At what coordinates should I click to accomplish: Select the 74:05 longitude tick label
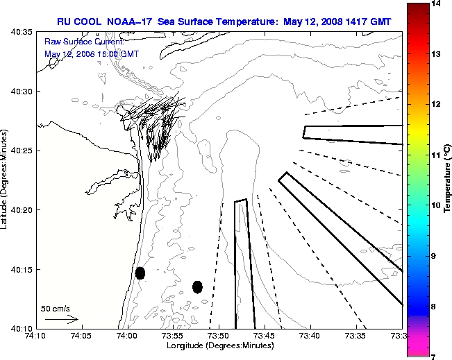click(x=81, y=336)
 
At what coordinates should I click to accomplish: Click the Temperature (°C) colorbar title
click(x=448, y=180)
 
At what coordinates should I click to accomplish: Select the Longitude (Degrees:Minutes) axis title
click(x=219, y=345)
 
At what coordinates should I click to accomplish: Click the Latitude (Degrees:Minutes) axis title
click(x=6, y=180)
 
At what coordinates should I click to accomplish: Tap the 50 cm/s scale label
click(x=56, y=308)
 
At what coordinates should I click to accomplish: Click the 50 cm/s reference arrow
click(x=61, y=320)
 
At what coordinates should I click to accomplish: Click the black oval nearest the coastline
click(x=140, y=273)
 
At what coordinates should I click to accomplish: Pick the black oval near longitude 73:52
click(x=197, y=286)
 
